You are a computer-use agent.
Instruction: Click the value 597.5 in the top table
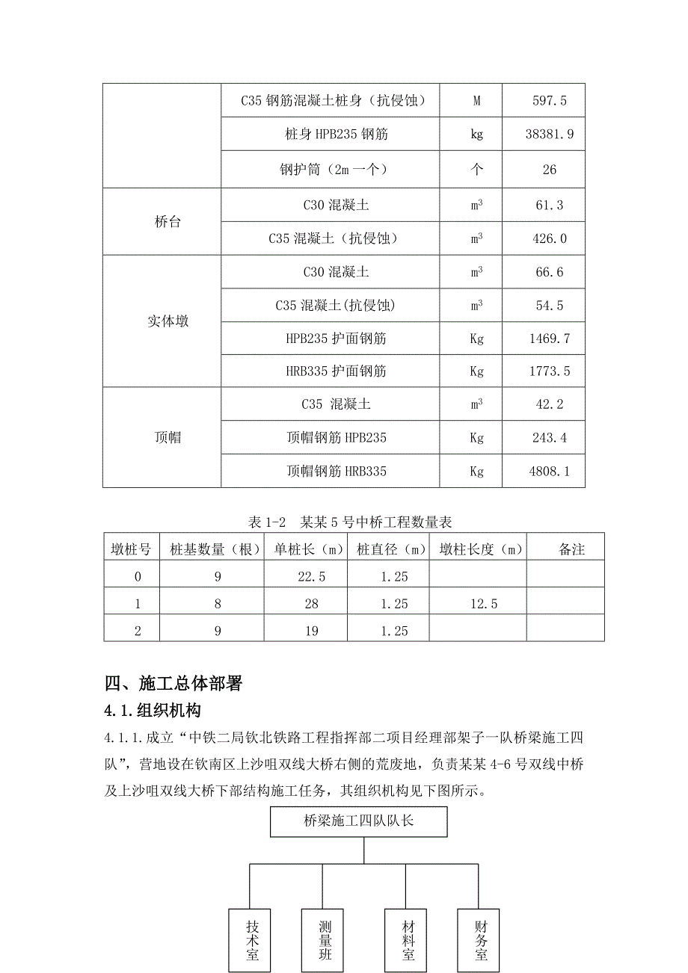[549, 102]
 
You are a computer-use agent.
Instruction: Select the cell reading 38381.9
[549, 135]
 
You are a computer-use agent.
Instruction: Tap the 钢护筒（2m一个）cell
[331, 170]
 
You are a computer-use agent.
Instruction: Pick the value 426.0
[549, 239]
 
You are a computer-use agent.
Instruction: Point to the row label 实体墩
[168, 321]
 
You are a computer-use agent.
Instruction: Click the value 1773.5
[549, 371]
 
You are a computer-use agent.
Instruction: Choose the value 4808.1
[549, 472]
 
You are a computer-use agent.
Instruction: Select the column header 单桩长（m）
[309, 550]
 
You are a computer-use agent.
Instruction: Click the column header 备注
[571, 550]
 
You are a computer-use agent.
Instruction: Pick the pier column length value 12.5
[479, 604]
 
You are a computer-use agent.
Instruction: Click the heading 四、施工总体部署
[173, 683]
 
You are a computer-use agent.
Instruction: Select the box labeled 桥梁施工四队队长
[358, 821]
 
